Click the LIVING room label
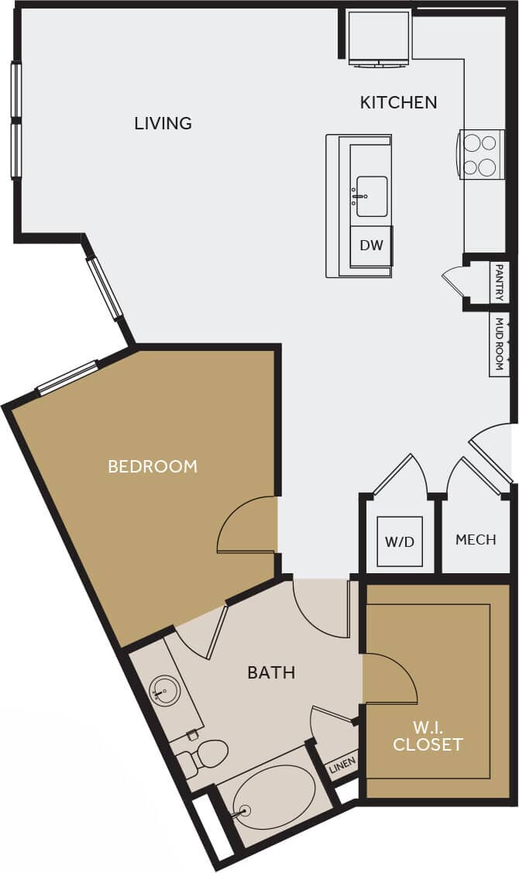163,123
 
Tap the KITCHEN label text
398,102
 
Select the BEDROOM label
153,466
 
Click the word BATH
271,672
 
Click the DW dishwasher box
372,246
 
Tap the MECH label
476,540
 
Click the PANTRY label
500,283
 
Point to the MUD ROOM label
500,344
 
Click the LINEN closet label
341,766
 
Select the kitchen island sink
372,196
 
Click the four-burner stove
480,154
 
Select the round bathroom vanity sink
164,689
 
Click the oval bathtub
273,798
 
